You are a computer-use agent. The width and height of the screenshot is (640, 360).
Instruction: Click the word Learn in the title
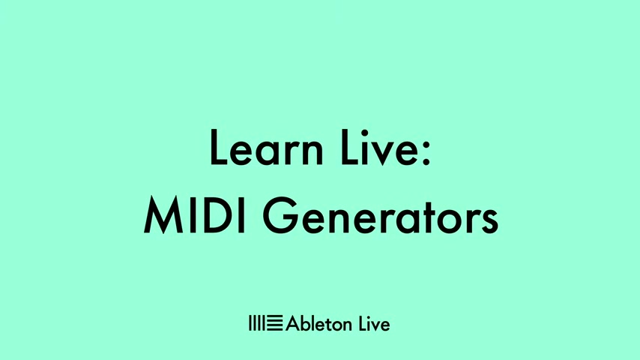click(x=266, y=148)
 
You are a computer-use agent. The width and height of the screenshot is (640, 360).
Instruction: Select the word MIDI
click(x=194, y=215)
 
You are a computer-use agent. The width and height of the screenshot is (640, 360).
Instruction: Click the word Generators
click(x=381, y=215)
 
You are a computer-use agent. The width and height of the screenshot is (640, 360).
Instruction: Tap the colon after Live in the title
click(x=426, y=152)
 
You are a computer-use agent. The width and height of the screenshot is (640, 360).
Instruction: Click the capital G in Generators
click(x=281, y=215)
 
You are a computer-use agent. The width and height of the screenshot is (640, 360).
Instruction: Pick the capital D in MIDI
click(x=217, y=215)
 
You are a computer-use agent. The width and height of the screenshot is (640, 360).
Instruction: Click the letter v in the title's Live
click(x=382, y=153)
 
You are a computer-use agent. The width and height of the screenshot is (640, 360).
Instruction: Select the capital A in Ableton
click(x=293, y=324)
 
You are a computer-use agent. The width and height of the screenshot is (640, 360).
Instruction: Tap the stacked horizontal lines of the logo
click(x=274, y=322)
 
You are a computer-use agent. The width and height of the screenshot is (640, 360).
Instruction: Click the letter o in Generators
click(x=457, y=221)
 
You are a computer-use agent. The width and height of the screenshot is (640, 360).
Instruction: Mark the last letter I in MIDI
click(x=241, y=215)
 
